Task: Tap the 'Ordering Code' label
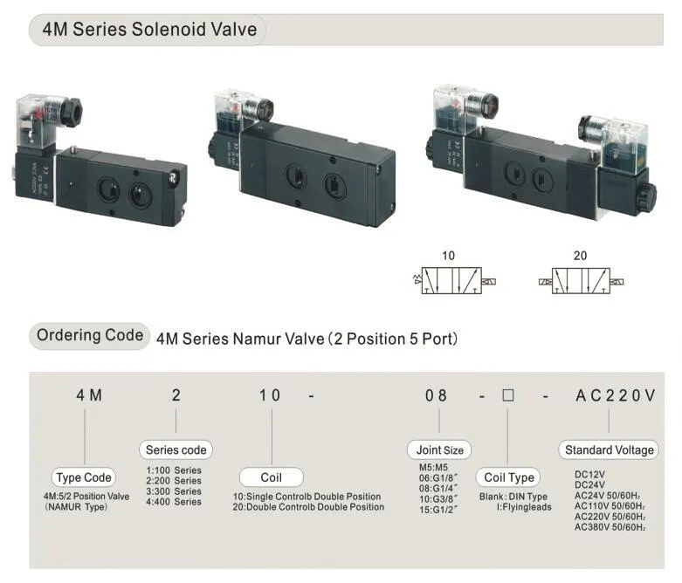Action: tap(90, 335)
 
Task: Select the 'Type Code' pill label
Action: tap(84, 477)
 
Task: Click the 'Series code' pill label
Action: tap(176, 450)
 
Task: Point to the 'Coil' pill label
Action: tap(271, 477)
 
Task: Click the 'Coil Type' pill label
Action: tap(508, 477)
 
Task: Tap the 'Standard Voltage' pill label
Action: tap(609, 450)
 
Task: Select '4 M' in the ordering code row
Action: tap(89, 395)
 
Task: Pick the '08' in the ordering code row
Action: tap(436, 395)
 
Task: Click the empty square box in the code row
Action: tap(507, 395)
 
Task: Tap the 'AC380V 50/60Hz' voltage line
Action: tap(609, 526)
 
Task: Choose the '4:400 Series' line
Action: tap(174, 502)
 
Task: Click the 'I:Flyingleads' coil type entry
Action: tap(524, 506)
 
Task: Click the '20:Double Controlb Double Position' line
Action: tap(308, 506)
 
